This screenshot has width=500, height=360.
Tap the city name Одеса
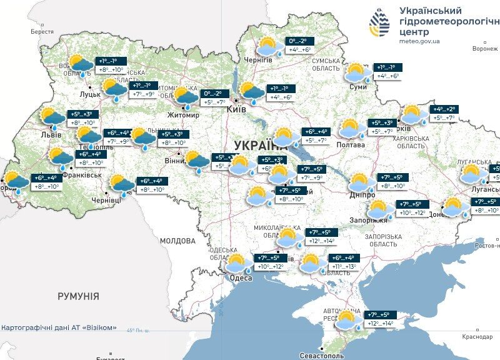pos(240,278)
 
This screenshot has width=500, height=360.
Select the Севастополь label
pos(321,355)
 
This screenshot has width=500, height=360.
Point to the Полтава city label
pos(352,144)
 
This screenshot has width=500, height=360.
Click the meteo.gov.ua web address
pos(419,41)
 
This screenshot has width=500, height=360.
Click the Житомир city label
pos(183,116)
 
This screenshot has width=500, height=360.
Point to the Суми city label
pos(358,87)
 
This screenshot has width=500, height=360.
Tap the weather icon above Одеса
pos(238,263)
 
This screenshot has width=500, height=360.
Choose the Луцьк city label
pos(91,93)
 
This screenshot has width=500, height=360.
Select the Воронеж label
pos(484,48)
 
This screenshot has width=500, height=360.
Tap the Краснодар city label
pos(477,336)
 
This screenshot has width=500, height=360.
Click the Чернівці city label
pos(106,201)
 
